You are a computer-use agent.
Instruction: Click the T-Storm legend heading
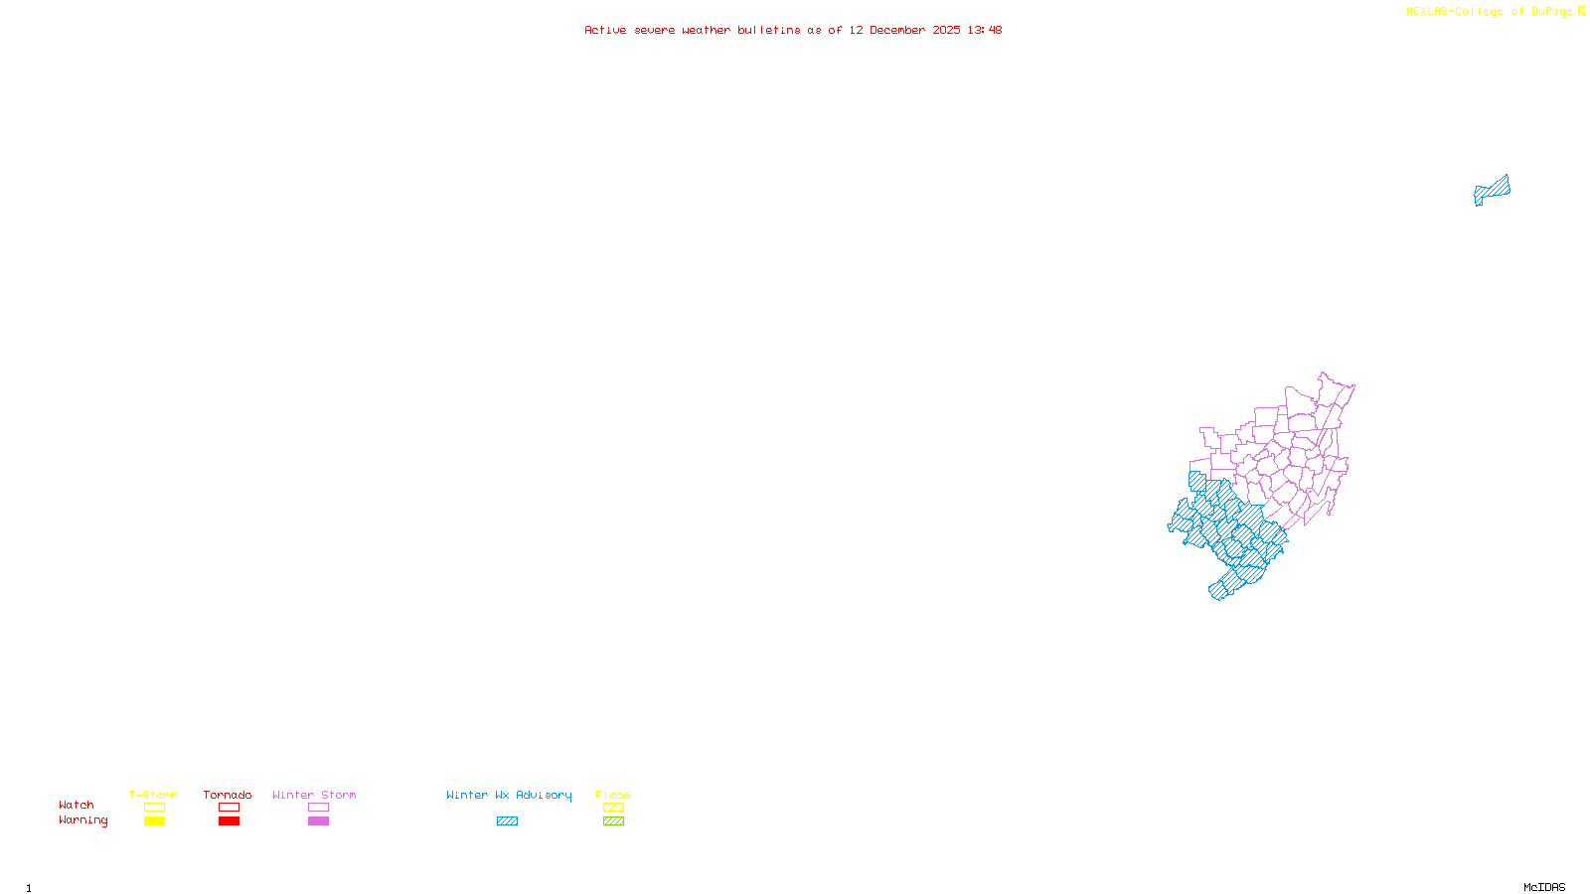[x=153, y=795]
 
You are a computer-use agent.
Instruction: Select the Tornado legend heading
[x=228, y=795]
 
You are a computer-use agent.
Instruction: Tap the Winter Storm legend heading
[x=314, y=795]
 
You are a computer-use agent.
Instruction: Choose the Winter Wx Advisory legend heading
[x=509, y=795]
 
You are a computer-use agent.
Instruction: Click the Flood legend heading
[x=613, y=795]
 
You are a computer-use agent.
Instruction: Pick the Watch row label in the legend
[x=77, y=805]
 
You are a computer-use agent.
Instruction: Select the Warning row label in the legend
[x=82, y=820]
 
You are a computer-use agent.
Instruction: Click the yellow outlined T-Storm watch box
[x=154, y=808]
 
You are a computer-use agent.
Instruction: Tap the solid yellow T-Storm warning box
[x=154, y=821]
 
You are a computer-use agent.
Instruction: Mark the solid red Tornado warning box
[x=230, y=821]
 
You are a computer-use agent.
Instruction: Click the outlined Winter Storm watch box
[x=318, y=808]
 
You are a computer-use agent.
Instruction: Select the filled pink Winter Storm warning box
[x=318, y=821]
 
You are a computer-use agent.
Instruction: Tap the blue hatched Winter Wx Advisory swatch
[x=507, y=821]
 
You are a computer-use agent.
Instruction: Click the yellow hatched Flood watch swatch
[x=613, y=808]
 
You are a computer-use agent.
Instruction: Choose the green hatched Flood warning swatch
[x=613, y=821]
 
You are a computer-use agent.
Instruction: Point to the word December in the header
[x=897, y=30]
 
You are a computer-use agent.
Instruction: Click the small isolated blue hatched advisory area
[x=1492, y=190]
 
